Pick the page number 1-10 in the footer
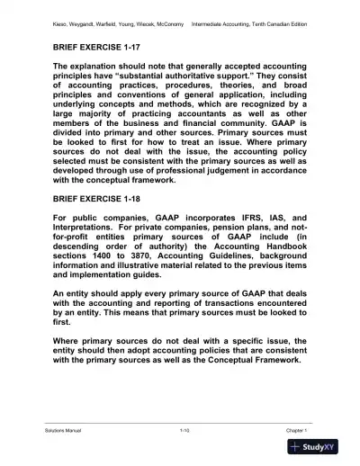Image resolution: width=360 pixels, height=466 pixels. pos(184,431)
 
